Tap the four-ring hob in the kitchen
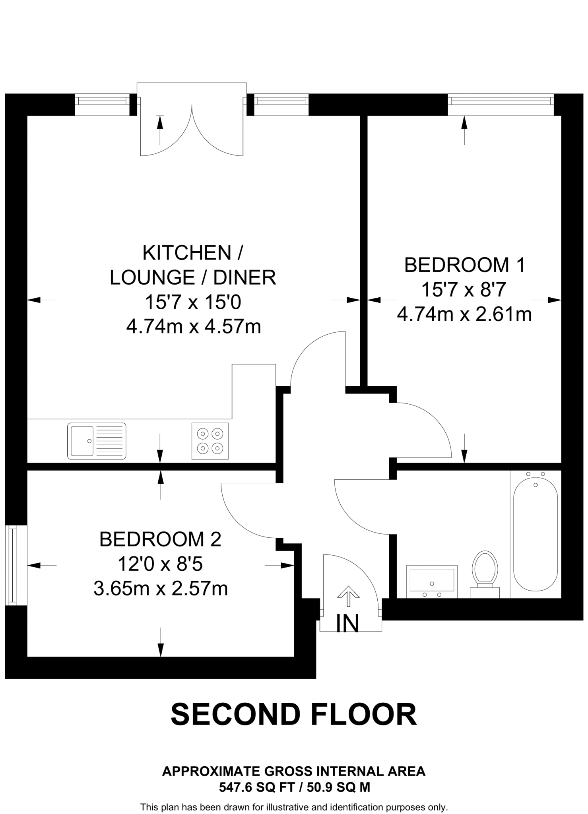(x=210, y=441)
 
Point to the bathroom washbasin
(x=432, y=582)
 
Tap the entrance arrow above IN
(x=348, y=596)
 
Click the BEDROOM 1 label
(x=464, y=265)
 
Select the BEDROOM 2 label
(x=160, y=539)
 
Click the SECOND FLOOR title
(x=294, y=714)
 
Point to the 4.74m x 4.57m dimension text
(x=194, y=327)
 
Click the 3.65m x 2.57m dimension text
(x=161, y=589)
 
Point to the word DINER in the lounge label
(x=245, y=278)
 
